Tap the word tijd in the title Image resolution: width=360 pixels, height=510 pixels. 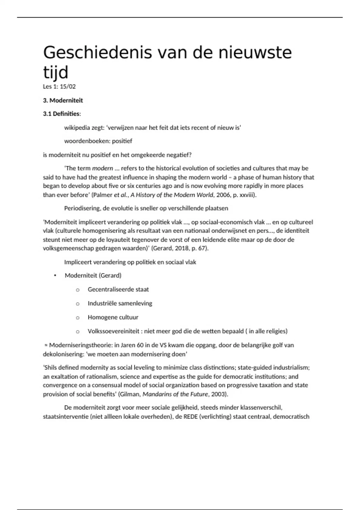point(56,72)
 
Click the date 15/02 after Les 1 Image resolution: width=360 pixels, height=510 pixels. point(68,87)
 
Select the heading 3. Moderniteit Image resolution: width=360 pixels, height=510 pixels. point(63,100)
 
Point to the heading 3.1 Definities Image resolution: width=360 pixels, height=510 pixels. point(62,114)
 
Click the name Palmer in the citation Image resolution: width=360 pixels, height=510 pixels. point(102,195)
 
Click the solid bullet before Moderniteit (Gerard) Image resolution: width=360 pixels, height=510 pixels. point(55,275)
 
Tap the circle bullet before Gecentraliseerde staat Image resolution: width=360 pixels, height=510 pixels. point(78,290)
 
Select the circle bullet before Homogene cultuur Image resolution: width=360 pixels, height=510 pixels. point(78,318)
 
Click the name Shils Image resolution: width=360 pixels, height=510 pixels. point(50,367)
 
